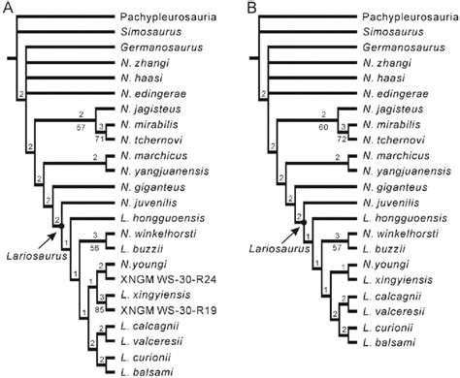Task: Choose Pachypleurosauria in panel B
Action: tap(408, 16)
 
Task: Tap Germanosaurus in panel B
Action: tap(394, 47)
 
